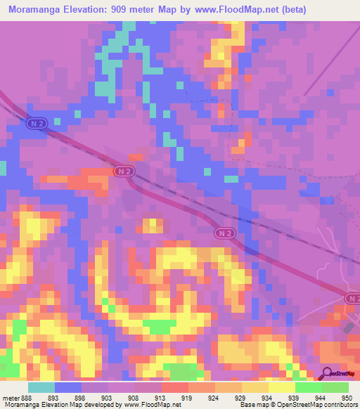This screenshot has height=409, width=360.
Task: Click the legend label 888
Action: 25,397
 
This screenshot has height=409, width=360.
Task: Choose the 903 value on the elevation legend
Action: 108,397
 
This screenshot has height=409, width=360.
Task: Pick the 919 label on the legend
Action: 188,397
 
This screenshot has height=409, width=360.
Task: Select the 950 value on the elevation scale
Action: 344,397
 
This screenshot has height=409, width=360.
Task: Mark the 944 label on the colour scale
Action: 320,397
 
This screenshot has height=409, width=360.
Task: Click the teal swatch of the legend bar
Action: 41,387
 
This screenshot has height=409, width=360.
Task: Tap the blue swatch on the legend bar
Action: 68,387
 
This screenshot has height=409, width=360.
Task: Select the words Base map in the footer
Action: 253,405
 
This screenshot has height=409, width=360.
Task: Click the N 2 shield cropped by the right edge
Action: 354,299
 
